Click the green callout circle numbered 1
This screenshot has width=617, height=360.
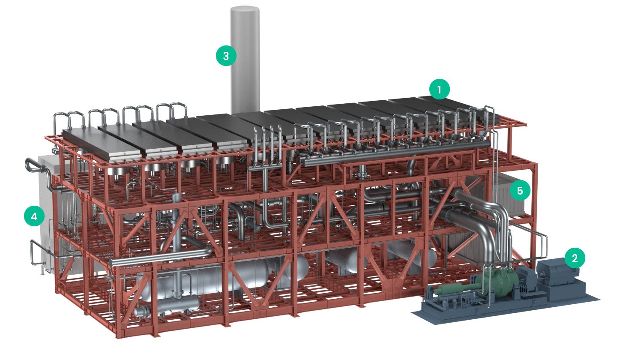(439, 89)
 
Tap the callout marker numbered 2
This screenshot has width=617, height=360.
(575, 258)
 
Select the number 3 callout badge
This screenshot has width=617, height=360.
(226, 56)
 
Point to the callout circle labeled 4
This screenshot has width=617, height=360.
(34, 216)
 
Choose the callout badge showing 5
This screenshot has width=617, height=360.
(520, 190)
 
